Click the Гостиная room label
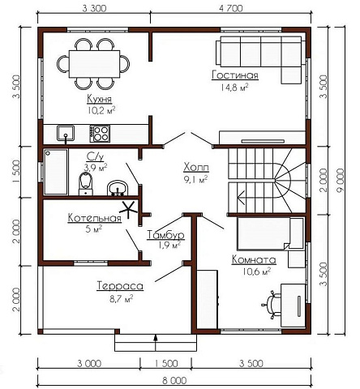click(235, 75)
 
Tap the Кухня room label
click(99, 99)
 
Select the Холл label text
click(196, 168)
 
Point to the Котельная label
click(94, 218)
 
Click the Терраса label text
click(120, 286)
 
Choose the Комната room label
click(254, 260)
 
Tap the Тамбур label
click(165, 235)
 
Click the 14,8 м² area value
click(234, 88)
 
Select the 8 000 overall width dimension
click(174, 381)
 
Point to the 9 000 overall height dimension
click(341, 181)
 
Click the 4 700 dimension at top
click(231, 9)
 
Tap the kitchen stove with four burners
click(100, 134)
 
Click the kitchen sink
click(66, 133)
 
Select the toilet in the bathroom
click(86, 184)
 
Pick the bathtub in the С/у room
click(56, 172)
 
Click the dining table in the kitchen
click(94, 64)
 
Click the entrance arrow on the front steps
click(156, 343)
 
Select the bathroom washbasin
click(118, 188)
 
